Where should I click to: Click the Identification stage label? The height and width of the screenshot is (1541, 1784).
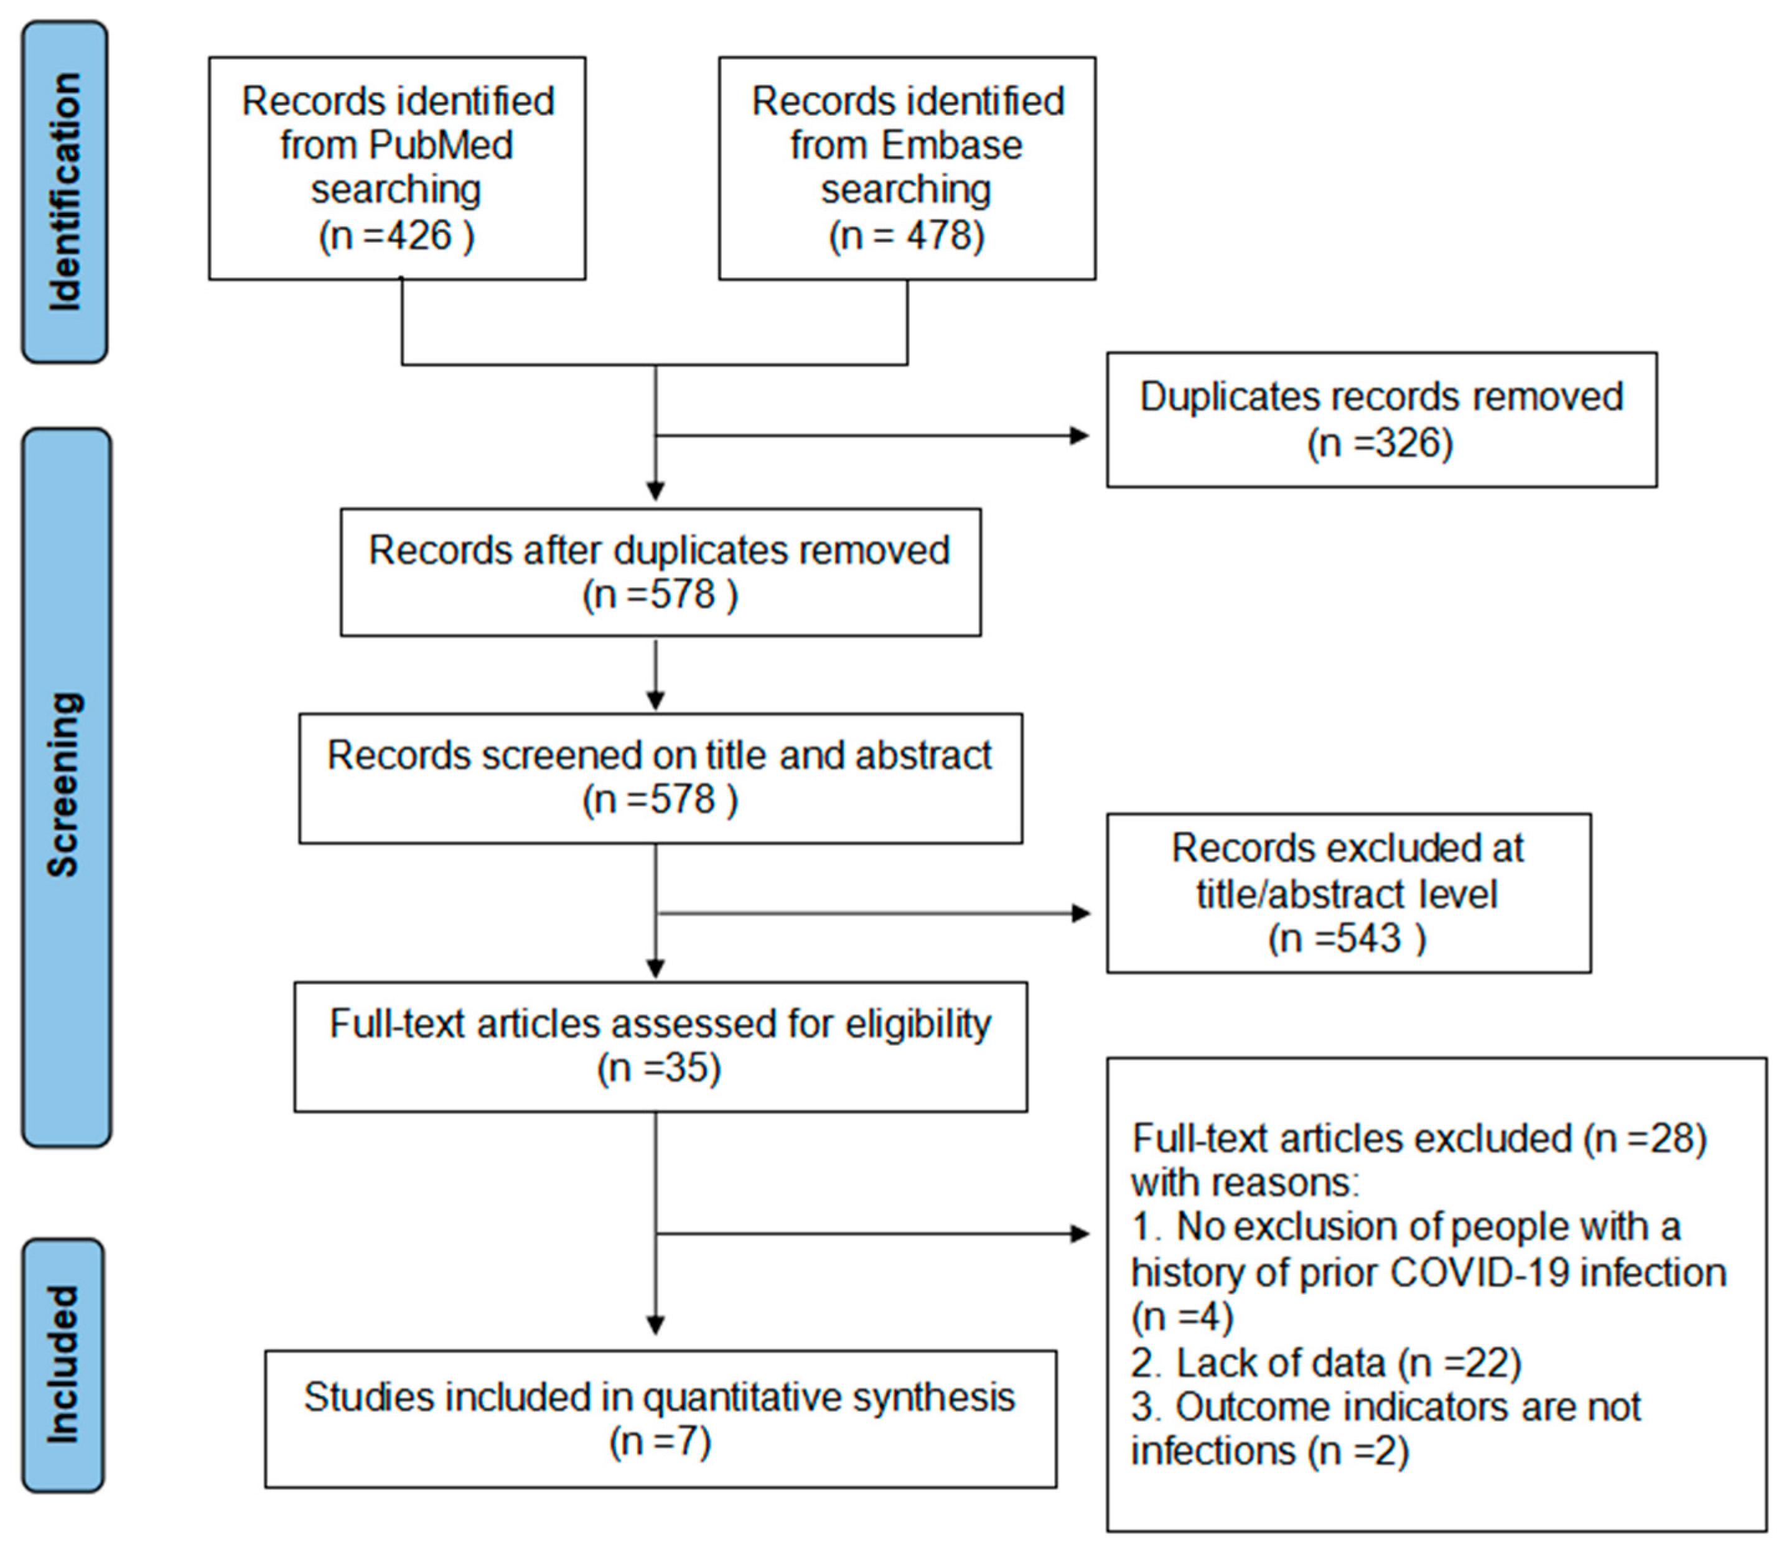pyautogui.click(x=65, y=191)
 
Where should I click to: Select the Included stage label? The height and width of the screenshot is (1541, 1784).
pyautogui.click(x=63, y=1364)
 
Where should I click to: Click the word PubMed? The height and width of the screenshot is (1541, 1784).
pyautogui.click(x=440, y=144)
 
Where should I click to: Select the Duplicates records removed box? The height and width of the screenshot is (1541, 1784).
pyautogui.click(x=1381, y=419)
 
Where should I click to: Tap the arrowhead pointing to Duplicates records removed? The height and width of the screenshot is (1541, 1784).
pyautogui.click(x=1080, y=435)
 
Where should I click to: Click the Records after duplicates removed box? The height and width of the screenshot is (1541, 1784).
pyautogui.click(x=660, y=572)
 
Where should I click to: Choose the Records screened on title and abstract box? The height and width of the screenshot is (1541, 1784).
pyautogui.click(x=660, y=778)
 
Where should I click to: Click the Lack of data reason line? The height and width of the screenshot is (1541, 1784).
pyautogui.click(x=1326, y=1363)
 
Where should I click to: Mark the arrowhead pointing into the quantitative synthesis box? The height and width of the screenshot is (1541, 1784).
pyautogui.click(x=655, y=1324)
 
